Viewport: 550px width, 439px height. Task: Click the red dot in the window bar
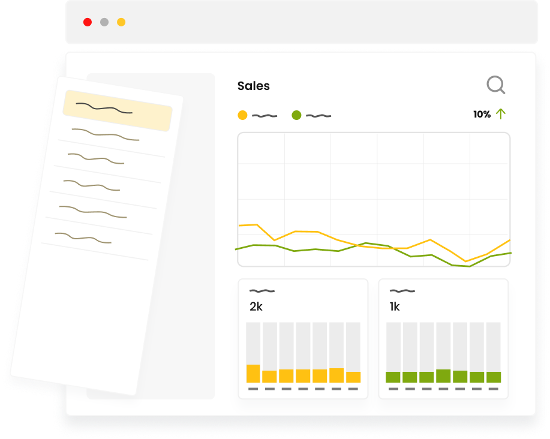tap(88, 22)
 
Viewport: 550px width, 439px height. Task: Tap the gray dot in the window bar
tap(104, 22)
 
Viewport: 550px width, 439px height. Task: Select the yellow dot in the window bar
tap(121, 22)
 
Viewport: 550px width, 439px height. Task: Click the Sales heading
tap(254, 86)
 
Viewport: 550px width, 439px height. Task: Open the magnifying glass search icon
tap(495, 85)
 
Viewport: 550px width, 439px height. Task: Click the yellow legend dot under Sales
tap(242, 115)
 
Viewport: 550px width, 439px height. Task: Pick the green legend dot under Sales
tap(296, 115)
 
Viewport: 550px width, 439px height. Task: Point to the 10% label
tap(482, 115)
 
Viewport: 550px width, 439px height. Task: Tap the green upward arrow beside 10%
tap(501, 114)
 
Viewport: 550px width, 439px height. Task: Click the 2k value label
tap(256, 306)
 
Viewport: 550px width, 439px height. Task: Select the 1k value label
tap(395, 306)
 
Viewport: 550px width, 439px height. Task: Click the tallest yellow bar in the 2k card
tap(253, 373)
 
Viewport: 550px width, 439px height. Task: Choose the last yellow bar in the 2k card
tap(354, 377)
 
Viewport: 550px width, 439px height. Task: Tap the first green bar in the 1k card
tap(393, 377)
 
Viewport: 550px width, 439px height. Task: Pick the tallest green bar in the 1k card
tap(443, 375)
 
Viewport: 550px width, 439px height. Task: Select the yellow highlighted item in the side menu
tap(118, 110)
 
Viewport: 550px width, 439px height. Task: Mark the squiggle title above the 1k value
tap(402, 291)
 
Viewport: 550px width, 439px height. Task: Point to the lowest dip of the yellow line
tap(466, 261)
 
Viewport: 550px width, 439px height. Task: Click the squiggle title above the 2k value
tap(262, 291)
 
